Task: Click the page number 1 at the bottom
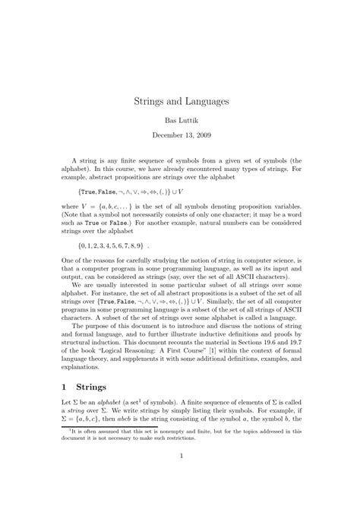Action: click(x=180, y=477)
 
